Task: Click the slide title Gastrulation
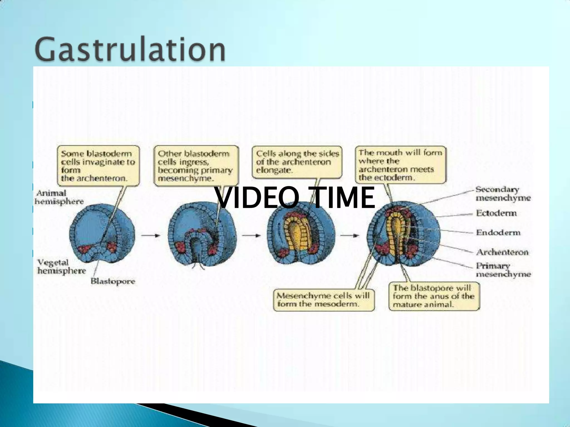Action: (x=130, y=49)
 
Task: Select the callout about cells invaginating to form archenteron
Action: (x=98, y=166)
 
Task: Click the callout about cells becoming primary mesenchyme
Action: (x=196, y=166)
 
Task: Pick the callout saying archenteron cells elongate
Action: (x=297, y=162)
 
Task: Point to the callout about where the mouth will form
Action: (x=400, y=165)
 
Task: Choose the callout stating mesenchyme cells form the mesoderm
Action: (x=323, y=300)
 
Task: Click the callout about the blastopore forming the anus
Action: (x=434, y=296)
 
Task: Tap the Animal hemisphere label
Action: (x=59, y=197)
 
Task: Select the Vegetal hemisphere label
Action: (x=62, y=267)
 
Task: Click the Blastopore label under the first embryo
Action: (x=113, y=281)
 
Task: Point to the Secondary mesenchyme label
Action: (x=503, y=194)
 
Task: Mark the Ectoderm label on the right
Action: (x=496, y=213)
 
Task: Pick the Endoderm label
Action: (x=498, y=232)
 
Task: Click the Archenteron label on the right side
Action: (x=502, y=252)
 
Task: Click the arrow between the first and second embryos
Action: (x=151, y=235)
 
